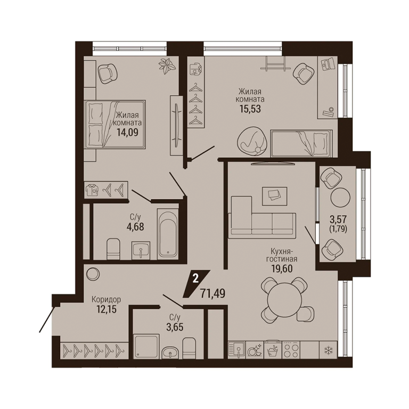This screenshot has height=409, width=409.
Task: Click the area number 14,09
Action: point(128,132)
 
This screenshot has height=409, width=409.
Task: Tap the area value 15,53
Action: point(250,109)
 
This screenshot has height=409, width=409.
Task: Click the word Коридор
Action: point(106,300)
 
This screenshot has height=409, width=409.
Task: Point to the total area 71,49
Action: point(213,293)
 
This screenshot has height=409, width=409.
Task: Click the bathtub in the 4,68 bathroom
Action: point(168,233)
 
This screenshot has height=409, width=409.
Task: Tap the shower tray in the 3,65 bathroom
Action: point(146,346)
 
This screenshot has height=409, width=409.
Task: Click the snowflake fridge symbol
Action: point(328,350)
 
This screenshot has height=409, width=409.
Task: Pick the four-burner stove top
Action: point(291,350)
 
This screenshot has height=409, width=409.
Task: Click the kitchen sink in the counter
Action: point(236,350)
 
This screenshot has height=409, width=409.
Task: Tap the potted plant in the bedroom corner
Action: point(167,66)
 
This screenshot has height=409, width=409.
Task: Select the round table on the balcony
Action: point(340,198)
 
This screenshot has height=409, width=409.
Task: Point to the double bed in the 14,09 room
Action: point(114,124)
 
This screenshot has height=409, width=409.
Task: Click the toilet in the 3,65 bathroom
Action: point(189,348)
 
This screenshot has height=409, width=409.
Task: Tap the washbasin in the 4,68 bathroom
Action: point(141,250)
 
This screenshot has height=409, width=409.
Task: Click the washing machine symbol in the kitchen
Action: point(272,349)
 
